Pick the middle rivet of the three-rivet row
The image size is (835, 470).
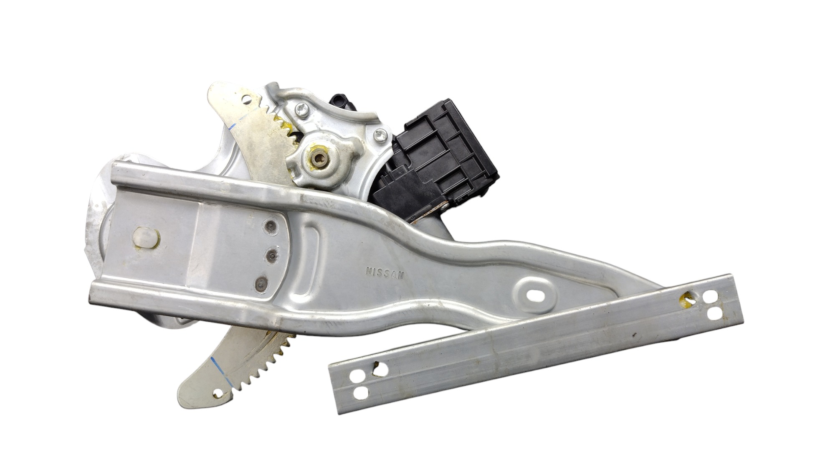[272, 254]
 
